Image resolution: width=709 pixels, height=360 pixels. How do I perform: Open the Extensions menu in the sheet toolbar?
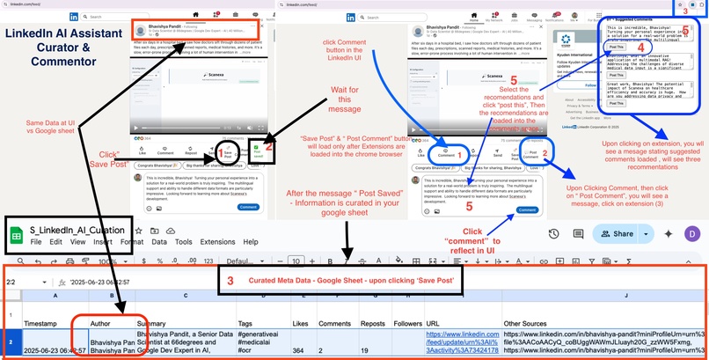click(x=216, y=241)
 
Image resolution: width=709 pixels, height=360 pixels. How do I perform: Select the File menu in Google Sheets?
click(x=36, y=241)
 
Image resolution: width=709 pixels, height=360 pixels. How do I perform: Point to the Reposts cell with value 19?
click(x=374, y=350)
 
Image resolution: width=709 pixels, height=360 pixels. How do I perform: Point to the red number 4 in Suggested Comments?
click(x=640, y=48)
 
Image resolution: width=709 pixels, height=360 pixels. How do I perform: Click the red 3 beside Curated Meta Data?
click(x=230, y=281)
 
